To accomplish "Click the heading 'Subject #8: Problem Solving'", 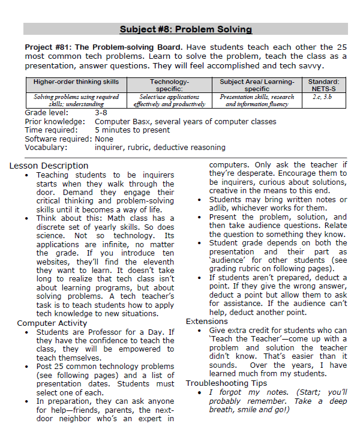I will (185, 29).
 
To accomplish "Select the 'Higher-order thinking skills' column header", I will (76, 82).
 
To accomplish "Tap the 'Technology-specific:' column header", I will (169, 85).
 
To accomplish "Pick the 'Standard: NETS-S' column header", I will (323, 85).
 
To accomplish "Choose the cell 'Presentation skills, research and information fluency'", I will (256, 100).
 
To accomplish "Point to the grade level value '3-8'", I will (101, 112).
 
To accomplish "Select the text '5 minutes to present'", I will (132, 130).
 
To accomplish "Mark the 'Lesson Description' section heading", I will (49, 166).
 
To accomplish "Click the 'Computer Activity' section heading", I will (52, 323).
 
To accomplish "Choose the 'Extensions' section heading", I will (207, 322).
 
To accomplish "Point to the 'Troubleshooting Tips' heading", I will (226, 383).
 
